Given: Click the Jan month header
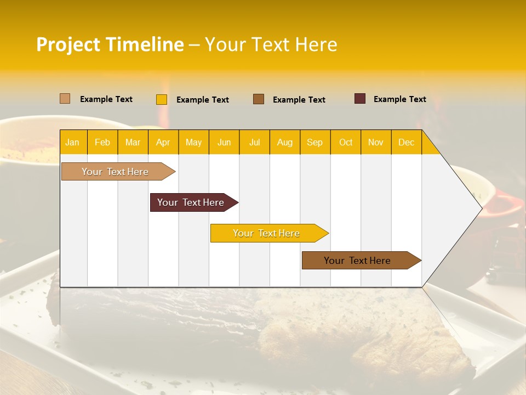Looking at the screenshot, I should click(72, 142).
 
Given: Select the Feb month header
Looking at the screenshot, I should click(102, 142).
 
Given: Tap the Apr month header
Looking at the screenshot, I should click(163, 142).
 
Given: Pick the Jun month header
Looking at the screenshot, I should click(224, 142).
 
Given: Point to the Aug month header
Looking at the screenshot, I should click(284, 142).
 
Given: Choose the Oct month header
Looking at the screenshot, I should click(346, 142).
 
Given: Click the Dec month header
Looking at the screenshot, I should click(406, 142).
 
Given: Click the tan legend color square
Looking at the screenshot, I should click(65, 99).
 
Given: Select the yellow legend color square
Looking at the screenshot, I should click(162, 99).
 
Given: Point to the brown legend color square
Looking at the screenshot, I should click(259, 99).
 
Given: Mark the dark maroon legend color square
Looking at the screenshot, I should click(360, 99).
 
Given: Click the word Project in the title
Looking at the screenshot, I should click(69, 44).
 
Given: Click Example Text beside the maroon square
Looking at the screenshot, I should click(399, 99).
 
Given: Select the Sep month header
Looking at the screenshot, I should click(315, 142).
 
